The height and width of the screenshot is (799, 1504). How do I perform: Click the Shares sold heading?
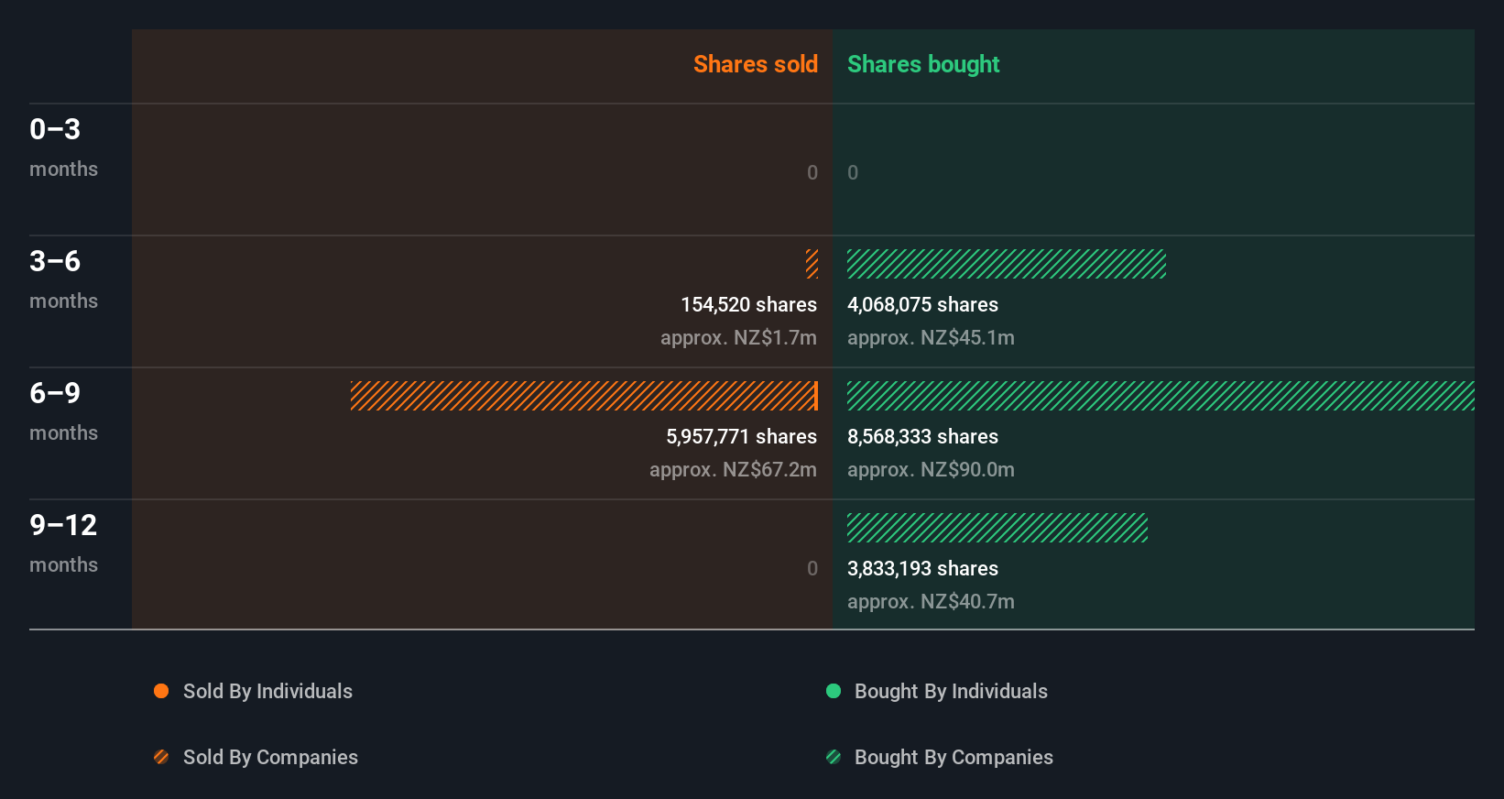click(x=755, y=64)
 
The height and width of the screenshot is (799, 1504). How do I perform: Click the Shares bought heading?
click(x=922, y=64)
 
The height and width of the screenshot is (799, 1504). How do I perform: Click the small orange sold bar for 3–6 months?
click(x=812, y=264)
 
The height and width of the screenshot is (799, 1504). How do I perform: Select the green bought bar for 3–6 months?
click(x=1006, y=264)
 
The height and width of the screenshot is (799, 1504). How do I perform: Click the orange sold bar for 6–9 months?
click(x=583, y=396)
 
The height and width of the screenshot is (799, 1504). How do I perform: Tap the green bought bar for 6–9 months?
click(x=1160, y=396)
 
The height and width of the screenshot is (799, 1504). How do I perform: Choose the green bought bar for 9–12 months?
click(x=997, y=528)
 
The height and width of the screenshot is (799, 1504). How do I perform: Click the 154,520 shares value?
click(x=748, y=304)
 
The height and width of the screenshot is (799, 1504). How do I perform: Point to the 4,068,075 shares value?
click(x=922, y=304)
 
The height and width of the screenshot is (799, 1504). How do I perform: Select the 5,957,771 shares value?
click(x=741, y=436)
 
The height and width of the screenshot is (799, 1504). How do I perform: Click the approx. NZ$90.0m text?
click(x=931, y=469)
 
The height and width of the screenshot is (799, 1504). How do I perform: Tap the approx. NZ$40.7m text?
click(x=931, y=601)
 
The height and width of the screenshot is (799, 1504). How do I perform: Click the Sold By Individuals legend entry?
click(x=254, y=691)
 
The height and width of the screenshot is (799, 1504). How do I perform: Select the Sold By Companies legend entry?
click(x=256, y=757)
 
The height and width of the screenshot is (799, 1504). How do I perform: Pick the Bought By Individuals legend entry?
click(x=937, y=691)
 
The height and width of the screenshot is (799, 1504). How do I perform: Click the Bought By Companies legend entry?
click(x=940, y=757)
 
